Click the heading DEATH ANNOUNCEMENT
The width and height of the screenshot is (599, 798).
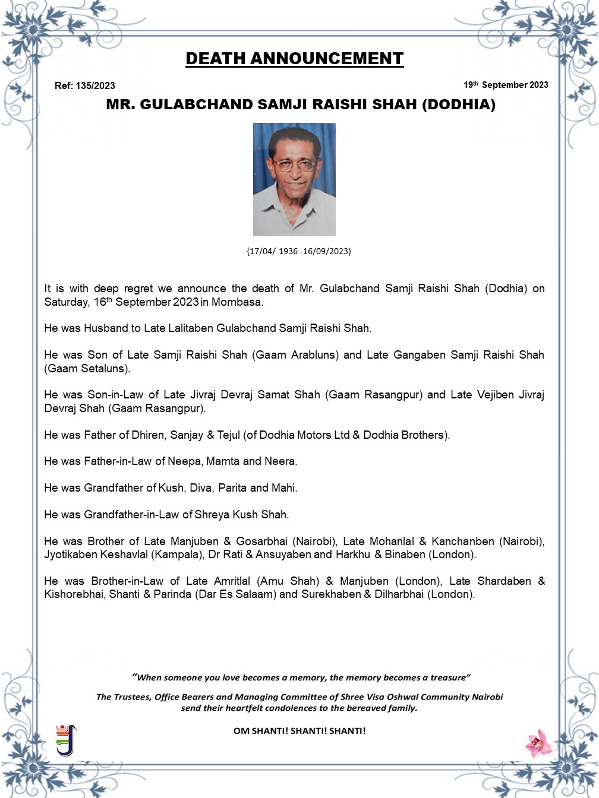pos(294,59)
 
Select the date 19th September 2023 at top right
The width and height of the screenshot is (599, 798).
pos(506,85)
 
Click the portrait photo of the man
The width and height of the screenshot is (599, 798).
pos(294,179)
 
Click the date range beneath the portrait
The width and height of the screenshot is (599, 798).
pos(299,251)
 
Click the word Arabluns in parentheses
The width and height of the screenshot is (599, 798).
pos(314,355)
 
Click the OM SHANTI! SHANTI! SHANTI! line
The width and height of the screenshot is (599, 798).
pos(299,731)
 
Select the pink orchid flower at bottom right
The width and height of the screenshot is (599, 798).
pos(538,742)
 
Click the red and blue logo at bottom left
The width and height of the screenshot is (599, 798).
pos(67,739)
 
